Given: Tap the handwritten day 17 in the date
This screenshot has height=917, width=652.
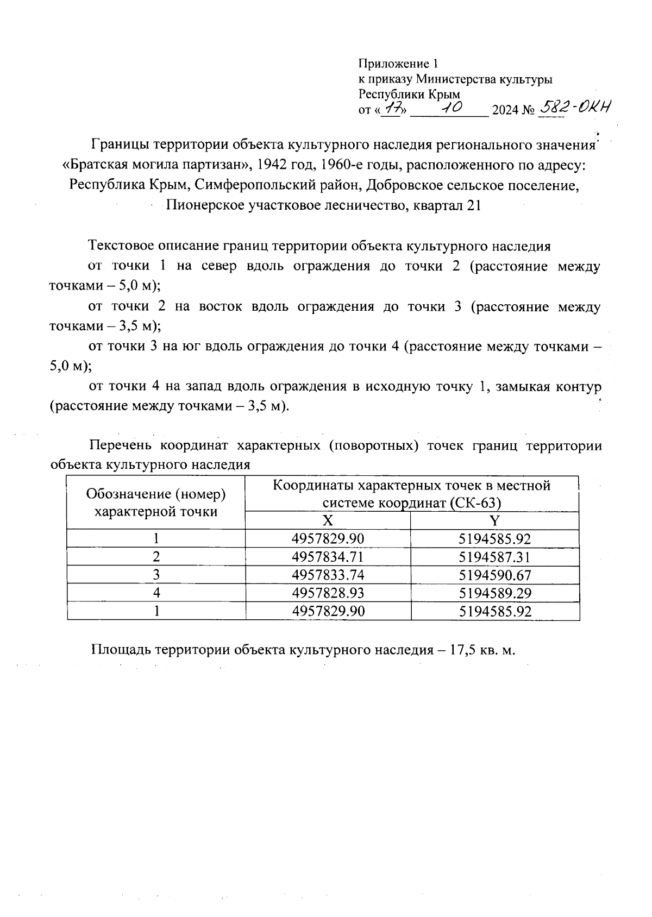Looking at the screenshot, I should (x=391, y=110).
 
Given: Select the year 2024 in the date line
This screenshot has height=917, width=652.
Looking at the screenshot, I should (x=505, y=111).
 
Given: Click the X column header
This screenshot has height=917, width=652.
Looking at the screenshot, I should (x=328, y=521).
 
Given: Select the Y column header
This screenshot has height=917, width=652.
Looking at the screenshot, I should (x=494, y=521).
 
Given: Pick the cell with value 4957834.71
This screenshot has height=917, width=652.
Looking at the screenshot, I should (x=328, y=557).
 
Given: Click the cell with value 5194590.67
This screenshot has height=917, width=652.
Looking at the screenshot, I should (x=494, y=575).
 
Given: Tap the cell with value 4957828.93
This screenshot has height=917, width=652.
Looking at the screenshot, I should (x=328, y=593).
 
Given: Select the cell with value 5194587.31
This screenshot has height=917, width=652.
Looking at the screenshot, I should (x=494, y=557).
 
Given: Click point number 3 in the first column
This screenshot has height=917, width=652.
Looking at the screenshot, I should (x=156, y=575).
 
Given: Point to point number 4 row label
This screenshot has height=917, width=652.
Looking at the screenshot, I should (x=156, y=593).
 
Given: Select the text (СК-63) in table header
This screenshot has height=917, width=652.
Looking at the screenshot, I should (x=475, y=503).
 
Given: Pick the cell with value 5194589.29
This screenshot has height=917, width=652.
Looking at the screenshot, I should (x=494, y=593).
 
